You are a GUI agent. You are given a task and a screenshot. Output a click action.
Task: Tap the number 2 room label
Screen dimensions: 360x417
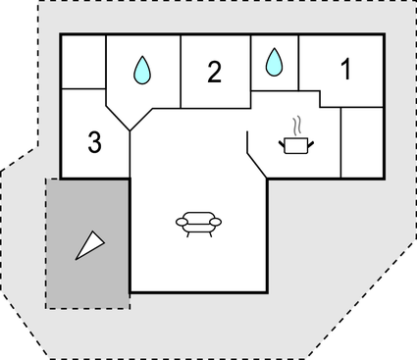tap(215, 71)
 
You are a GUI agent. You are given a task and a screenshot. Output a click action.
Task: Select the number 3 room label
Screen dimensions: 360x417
tap(94, 143)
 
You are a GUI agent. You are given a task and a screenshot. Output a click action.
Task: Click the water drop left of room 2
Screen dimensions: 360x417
tap(143, 69)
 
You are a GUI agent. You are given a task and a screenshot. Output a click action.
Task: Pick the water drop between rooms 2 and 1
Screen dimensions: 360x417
tap(275, 62)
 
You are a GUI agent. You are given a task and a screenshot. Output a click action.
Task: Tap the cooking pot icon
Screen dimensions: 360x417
tap(295, 145)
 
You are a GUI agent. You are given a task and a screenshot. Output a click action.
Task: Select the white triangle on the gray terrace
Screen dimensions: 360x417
tap(90, 244)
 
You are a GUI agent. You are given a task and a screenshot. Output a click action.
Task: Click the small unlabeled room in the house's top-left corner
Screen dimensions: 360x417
tap(82, 62)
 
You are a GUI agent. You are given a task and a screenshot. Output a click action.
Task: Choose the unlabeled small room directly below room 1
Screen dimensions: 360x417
tap(361, 142)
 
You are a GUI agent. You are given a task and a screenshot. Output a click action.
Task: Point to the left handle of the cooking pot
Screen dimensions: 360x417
tap(281, 143)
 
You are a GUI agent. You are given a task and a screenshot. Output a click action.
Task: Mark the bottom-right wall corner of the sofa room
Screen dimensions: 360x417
tap(268, 291)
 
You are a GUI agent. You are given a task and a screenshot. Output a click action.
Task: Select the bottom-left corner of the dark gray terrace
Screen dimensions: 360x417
tap(47, 307)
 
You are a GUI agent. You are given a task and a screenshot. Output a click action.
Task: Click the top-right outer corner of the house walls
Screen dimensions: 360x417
tap(385, 35)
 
